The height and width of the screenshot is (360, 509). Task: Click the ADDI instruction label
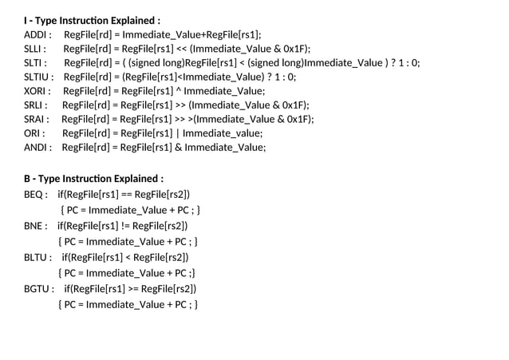coord(37,34)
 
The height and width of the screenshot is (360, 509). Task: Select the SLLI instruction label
coord(35,49)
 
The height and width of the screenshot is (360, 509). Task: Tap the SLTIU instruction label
coord(38,77)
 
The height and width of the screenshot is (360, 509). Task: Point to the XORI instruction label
coord(37,91)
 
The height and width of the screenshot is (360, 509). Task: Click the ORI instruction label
coord(34,133)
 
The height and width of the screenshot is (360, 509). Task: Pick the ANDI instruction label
coord(37,147)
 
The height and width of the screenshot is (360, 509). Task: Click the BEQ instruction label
coord(35,194)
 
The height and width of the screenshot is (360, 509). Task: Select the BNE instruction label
coord(35,226)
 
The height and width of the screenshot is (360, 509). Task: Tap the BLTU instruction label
coord(37,257)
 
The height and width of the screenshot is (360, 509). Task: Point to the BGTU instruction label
coord(38,288)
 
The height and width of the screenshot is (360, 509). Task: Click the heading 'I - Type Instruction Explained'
coord(92,19)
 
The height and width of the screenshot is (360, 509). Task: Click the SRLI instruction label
coord(35,105)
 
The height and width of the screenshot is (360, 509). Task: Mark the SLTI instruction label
coord(35,62)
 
